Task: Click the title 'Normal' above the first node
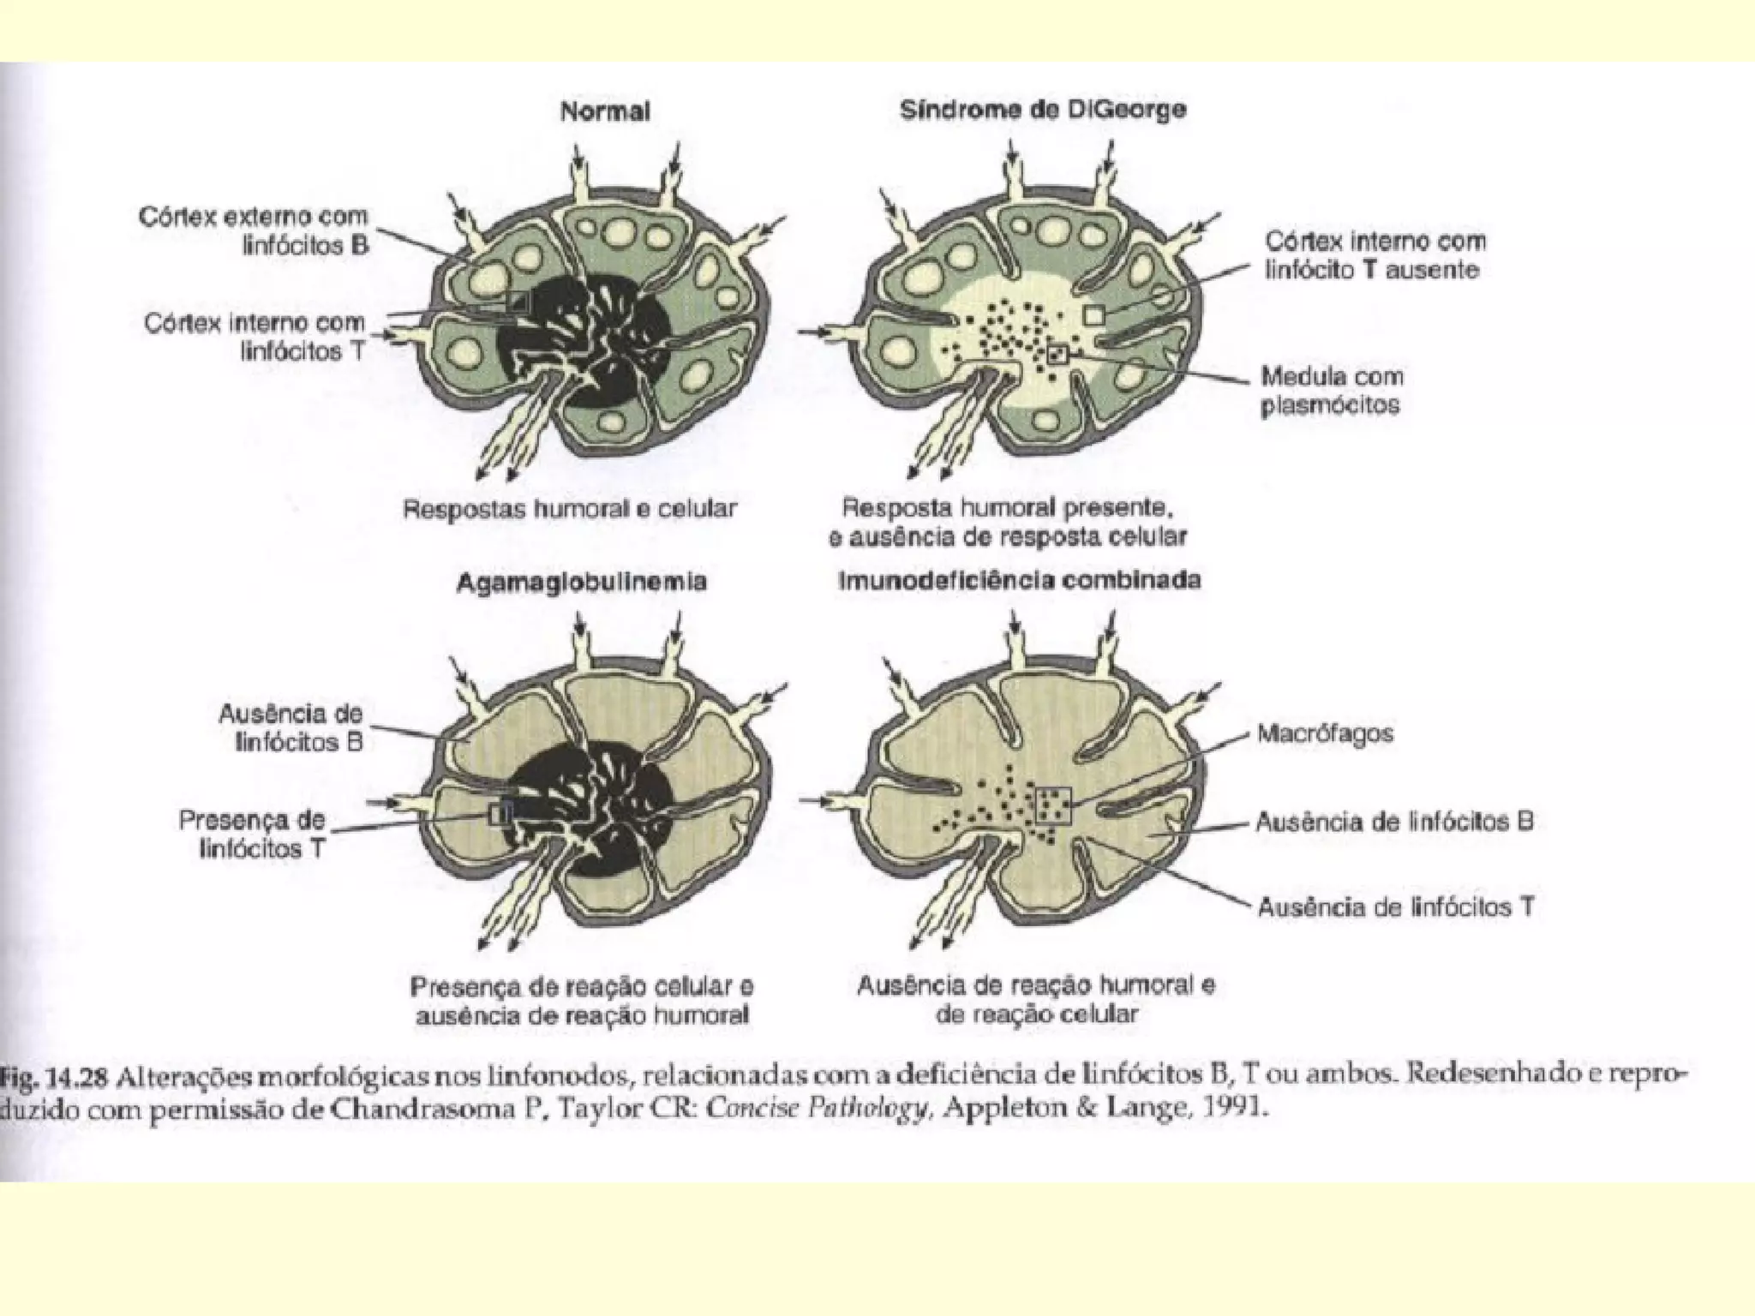click(605, 111)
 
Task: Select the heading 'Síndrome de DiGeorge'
click(1043, 110)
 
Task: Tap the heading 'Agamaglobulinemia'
click(581, 583)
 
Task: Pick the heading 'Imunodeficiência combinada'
click(1019, 580)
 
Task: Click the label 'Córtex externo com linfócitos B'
click(255, 230)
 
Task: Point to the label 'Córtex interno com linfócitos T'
click(255, 336)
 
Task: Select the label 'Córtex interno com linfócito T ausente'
click(1374, 255)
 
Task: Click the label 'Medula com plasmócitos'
click(1332, 390)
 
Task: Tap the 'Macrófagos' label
click(1325, 733)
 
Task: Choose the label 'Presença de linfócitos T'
click(254, 834)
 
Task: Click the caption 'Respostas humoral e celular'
click(570, 509)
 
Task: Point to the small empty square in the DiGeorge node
click(1093, 314)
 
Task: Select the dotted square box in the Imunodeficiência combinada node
click(1054, 805)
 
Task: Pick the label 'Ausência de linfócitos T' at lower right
click(1395, 906)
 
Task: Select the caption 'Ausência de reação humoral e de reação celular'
click(1036, 1000)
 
